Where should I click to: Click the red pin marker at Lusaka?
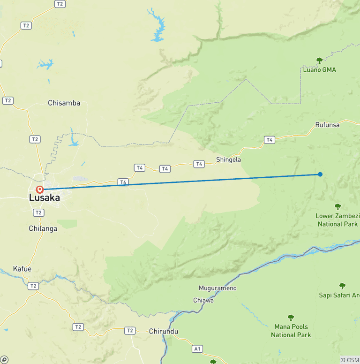(x=40, y=190)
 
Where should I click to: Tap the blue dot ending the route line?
(x=320, y=174)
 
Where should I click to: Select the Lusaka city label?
(x=45, y=198)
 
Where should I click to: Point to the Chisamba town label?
(x=64, y=103)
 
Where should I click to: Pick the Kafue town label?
(x=22, y=269)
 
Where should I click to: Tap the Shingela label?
(x=228, y=159)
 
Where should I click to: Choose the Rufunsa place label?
(x=327, y=125)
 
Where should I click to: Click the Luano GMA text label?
(x=319, y=70)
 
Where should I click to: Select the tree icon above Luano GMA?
(x=320, y=61)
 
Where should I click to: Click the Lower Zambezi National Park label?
(x=337, y=220)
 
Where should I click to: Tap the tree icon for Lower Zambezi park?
(x=337, y=206)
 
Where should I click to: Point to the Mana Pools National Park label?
(x=291, y=331)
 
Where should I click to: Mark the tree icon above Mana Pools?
(x=291, y=318)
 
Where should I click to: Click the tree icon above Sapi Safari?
(x=342, y=286)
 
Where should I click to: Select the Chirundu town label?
(x=164, y=331)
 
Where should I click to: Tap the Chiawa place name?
(x=203, y=300)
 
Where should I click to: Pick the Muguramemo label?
(x=217, y=288)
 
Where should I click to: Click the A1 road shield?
(x=197, y=349)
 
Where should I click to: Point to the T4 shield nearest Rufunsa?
(x=269, y=140)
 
